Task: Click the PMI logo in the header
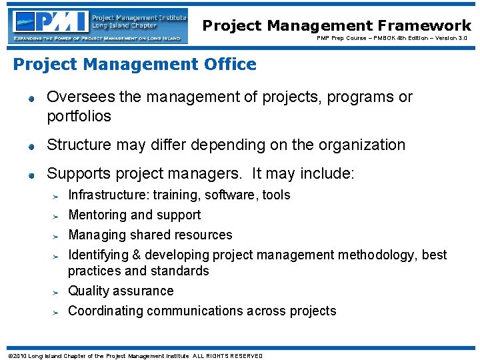[50, 22]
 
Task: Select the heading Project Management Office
[135, 65]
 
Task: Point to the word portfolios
[79, 117]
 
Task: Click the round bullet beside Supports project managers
[31, 176]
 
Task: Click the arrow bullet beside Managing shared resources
[57, 236]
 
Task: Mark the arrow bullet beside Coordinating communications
[57, 312]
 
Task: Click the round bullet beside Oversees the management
[31, 99]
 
